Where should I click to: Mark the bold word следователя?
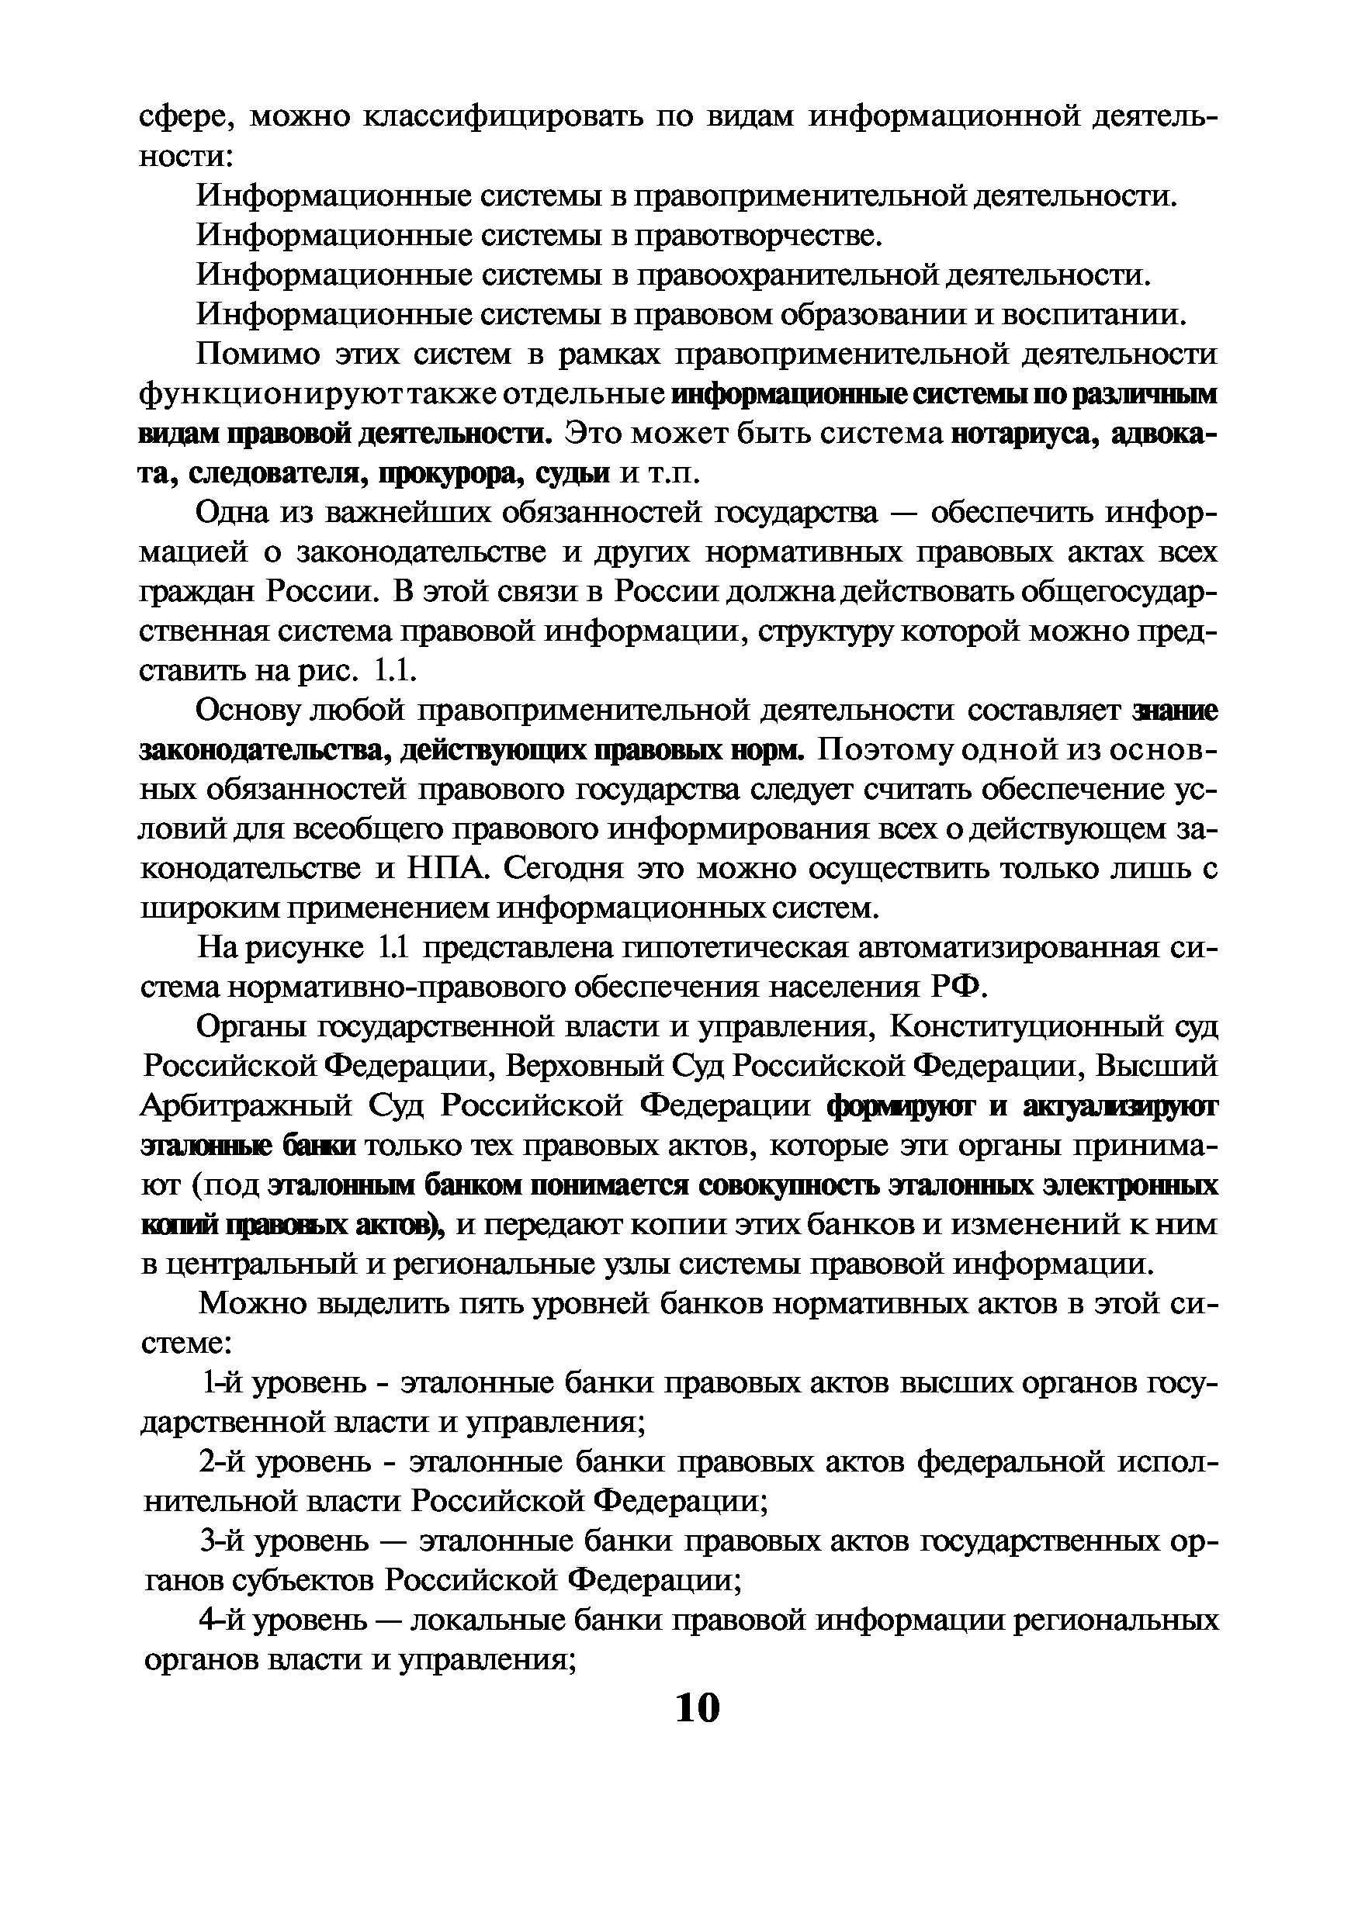272,474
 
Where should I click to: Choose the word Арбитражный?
244,1106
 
